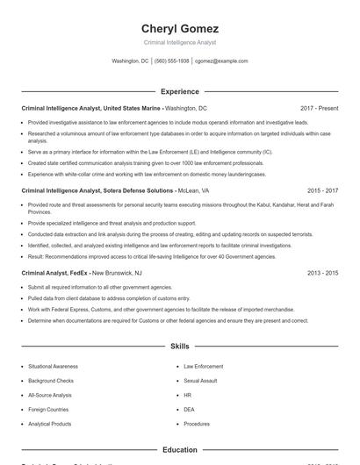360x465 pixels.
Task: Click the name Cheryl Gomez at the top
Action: (x=179, y=28)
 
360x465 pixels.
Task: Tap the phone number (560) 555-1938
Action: (x=172, y=61)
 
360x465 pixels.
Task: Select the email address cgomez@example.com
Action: (x=221, y=61)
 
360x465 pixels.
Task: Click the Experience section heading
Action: (x=179, y=91)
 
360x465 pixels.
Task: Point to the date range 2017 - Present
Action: (x=319, y=108)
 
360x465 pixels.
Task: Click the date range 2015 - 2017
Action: (x=322, y=190)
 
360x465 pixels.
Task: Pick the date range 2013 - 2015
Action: (x=322, y=273)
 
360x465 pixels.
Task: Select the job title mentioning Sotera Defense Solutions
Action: (x=97, y=190)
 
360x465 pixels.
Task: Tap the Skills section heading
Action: (x=179, y=347)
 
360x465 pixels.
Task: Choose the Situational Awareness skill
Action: (x=52, y=366)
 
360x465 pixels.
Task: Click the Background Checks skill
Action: (x=50, y=381)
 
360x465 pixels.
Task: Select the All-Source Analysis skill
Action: (x=50, y=395)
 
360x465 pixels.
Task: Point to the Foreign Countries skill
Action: (x=49, y=409)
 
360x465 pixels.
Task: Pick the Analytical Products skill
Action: (x=50, y=424)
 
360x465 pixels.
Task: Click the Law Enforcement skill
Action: (x=203, y=366)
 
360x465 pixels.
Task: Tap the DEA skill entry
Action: (x=189, y=409)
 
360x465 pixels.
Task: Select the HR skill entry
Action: (x=187, y=395)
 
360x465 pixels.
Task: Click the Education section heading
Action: (x=179, y=450)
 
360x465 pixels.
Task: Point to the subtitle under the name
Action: (x=179, y=42)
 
